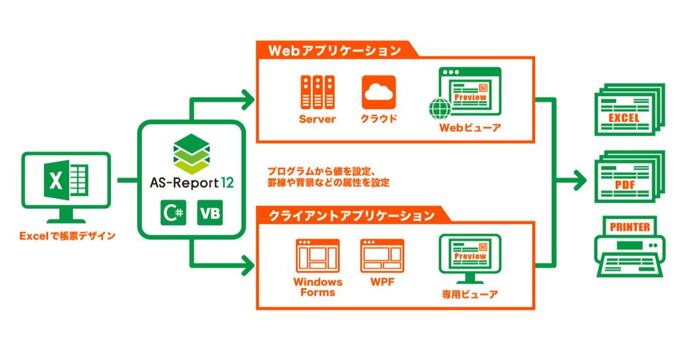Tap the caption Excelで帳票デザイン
pyautogui.click(x=67, y=237)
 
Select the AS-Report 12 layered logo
pyautogui.click(x=193, y=154)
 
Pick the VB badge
pyautogui.click(x=210, y=214)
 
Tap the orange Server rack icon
pyautogui.click(x=317, y=92)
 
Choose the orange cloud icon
pyautogui.click(x=379, y=92)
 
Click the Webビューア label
pyautogui.click(x=470, y=128)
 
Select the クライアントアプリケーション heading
pyautogui.click(x=347, y=216)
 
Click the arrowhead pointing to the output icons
pyautogui.click(x=580, y=182)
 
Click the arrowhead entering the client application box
pyautogui.click(x=247, y=262)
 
